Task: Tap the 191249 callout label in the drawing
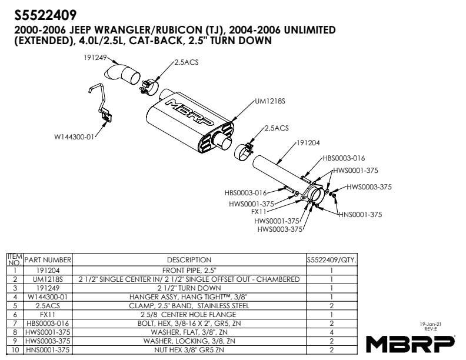(x=95, y=57)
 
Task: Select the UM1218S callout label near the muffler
(x=270, y=101)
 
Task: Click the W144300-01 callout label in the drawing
(x=74, y=137)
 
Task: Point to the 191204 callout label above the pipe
(x=308, y=142)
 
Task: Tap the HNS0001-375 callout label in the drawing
(x=360, y=215)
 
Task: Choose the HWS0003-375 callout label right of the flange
(x=369, y=187)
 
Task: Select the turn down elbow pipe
(x=121, y=74)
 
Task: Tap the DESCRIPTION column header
(x=189, y=259)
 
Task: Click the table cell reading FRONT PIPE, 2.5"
(x=189, y=270)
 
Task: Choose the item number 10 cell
(x=14, y=350)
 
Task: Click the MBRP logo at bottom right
(x=410, y=343)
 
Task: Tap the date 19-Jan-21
(x=431, y=324)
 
